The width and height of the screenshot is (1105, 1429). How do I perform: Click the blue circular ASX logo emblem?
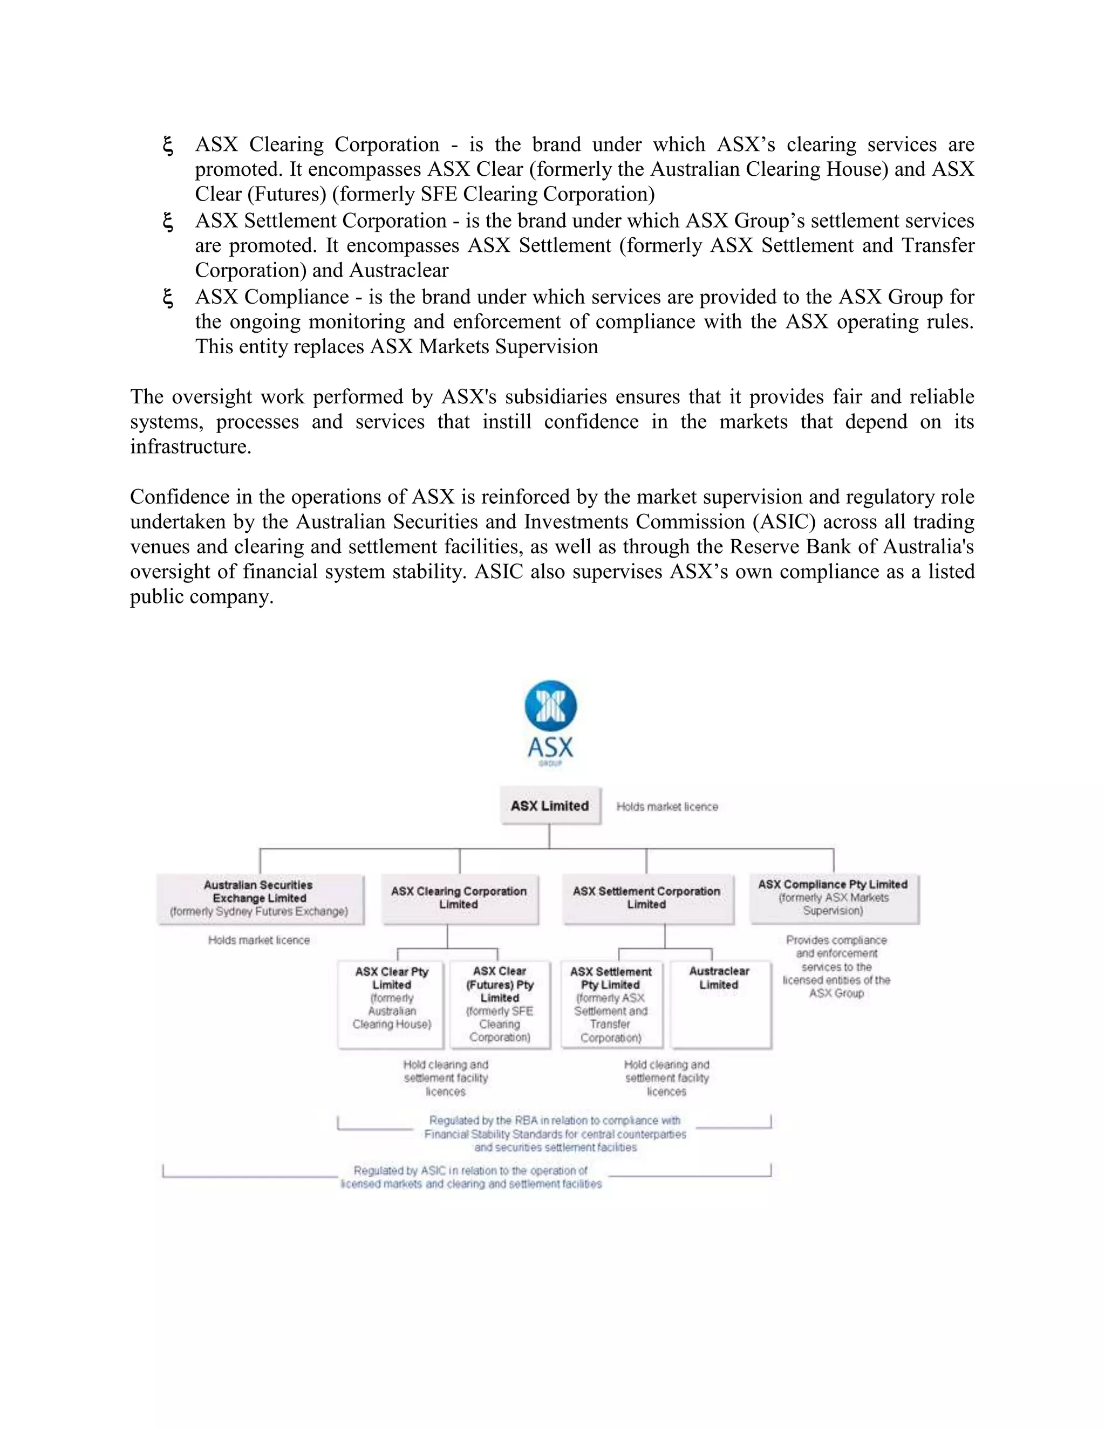[550, 706]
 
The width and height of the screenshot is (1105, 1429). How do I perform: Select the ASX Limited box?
[550, 806]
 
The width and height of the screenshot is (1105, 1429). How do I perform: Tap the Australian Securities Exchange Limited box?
[260, 898]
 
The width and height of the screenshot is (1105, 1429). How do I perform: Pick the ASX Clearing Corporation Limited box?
[460, 898]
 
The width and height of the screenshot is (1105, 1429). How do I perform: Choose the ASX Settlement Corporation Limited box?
[647, 898]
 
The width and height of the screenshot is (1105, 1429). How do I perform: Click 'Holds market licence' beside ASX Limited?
[667, 807]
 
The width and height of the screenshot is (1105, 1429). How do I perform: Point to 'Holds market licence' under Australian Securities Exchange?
[259, 940]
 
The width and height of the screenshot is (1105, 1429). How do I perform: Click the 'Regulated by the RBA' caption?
[555, 1134]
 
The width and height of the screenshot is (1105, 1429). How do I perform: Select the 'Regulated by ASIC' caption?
[470, 1177]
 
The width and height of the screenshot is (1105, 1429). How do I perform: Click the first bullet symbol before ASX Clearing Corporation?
[168, 145]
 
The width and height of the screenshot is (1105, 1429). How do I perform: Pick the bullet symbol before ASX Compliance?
[168, 298]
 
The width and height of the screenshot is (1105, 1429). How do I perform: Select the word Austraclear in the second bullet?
[399, 270]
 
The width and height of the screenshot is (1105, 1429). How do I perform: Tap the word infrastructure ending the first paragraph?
[190, 447]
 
